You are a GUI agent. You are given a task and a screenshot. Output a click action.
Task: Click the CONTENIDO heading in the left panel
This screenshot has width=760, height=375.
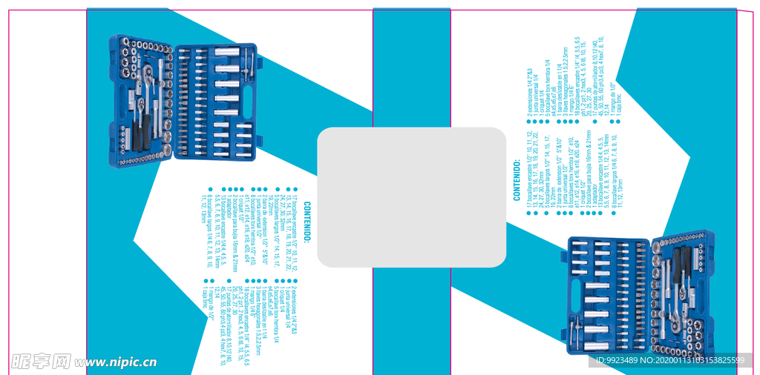coord(307,222)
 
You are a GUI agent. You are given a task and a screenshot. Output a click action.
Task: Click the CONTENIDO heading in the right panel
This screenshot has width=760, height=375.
coord(517,179)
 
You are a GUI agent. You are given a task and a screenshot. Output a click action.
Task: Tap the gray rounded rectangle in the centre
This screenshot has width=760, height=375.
coord(412,197)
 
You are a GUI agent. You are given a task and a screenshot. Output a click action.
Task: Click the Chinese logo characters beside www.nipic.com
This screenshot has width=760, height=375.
coord(41,362)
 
